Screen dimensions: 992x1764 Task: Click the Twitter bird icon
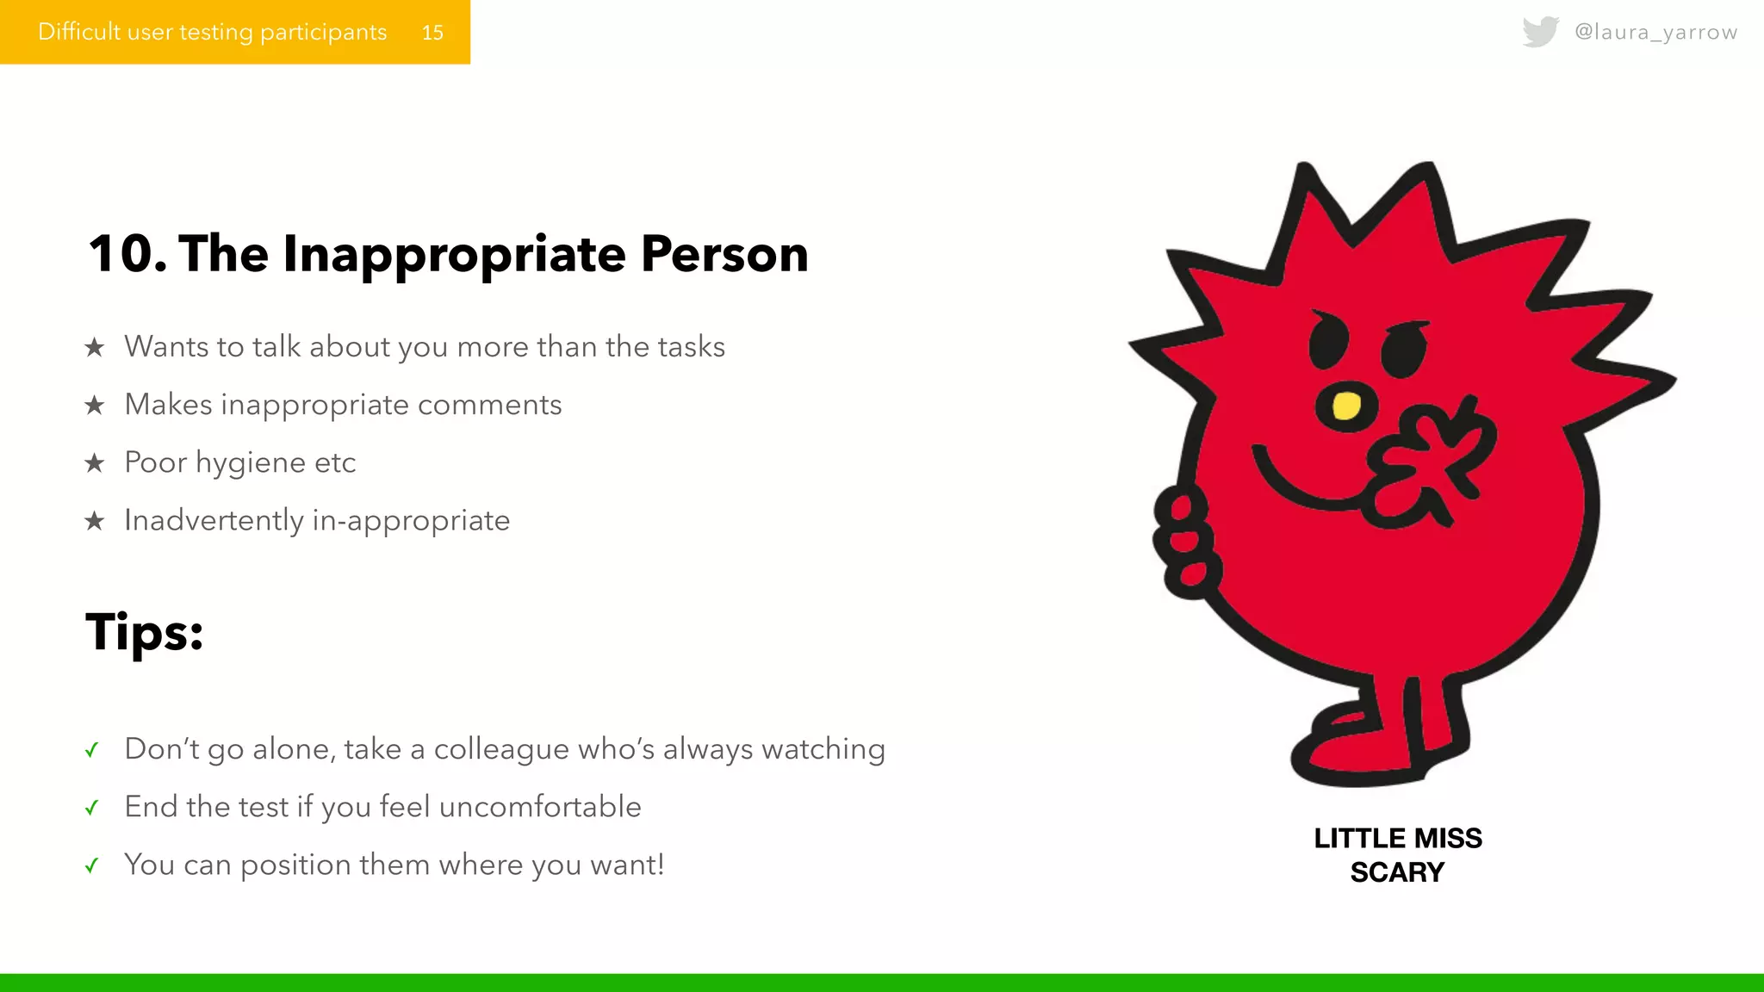point(1540,32)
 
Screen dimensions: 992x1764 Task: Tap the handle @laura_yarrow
point(1655,32)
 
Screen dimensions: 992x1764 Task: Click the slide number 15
point(432,33)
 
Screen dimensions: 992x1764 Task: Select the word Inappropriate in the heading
point(454,255)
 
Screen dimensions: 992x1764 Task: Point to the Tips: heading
point(145,632)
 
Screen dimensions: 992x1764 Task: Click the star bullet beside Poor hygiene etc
point(95,463)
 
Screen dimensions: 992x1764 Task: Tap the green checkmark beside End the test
point(92,808)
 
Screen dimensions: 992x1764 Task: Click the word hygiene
point(251,463)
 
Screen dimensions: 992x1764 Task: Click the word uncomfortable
point(540,807)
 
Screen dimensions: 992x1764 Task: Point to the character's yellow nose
point(1345,406)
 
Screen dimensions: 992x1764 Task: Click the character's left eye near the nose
point(1327,340)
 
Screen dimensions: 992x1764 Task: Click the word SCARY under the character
point(1397,872)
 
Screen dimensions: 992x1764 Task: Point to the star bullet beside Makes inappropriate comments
point(95,405)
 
